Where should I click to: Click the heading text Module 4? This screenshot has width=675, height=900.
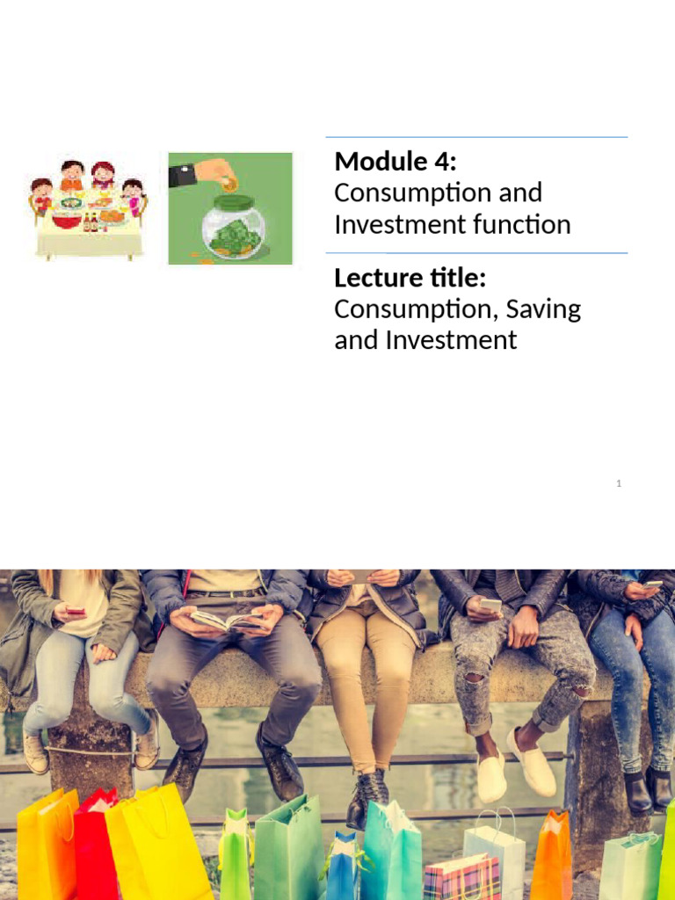pos(396,162)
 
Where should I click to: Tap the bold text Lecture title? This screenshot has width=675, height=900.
pos(410,278)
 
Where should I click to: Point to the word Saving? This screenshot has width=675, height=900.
pos(543,309)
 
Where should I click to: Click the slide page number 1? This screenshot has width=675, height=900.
pos(619,483)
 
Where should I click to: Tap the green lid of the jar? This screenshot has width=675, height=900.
pos(233,201)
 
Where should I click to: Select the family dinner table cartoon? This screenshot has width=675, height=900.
pos(88,208)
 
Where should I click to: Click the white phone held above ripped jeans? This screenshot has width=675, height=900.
pos(490,606)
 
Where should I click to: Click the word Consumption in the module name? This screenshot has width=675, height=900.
pos(414,192)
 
